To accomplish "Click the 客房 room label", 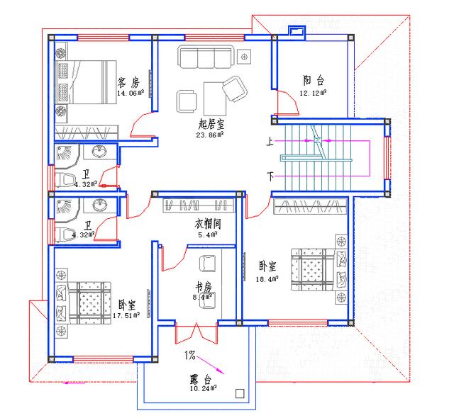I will [129, 82].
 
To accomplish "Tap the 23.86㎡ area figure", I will [211, 133].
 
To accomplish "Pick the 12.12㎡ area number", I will [312, 92].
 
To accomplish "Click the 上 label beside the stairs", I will [270, 141].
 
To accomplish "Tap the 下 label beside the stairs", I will [270, 174].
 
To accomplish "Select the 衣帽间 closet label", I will [209, 223].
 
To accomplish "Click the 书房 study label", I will [204, 288].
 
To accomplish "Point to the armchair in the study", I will [207, 263].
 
